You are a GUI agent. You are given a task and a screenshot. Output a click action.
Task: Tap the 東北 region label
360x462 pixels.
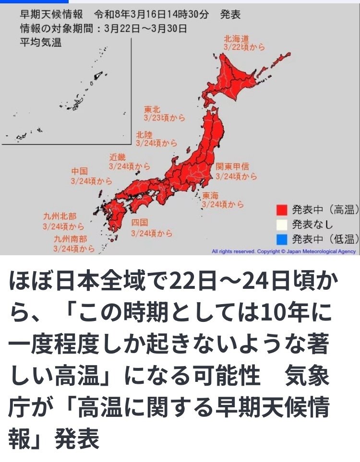coord(151,109)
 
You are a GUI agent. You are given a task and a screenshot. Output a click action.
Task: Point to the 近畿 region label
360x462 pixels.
coord(118,157)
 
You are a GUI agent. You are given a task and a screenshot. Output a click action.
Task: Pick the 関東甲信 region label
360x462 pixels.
coord(232,167)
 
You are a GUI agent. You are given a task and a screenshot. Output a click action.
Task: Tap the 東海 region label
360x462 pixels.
coord(211,195)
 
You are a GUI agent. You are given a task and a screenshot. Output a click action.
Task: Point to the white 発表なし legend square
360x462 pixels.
coord(282,224)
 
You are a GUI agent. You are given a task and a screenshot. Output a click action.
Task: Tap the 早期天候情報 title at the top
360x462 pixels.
coord(47,14)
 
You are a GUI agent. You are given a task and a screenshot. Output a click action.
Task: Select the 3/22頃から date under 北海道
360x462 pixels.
coord(244,47)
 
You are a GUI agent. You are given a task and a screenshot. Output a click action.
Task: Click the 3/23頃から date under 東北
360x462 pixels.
coord(164,118)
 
